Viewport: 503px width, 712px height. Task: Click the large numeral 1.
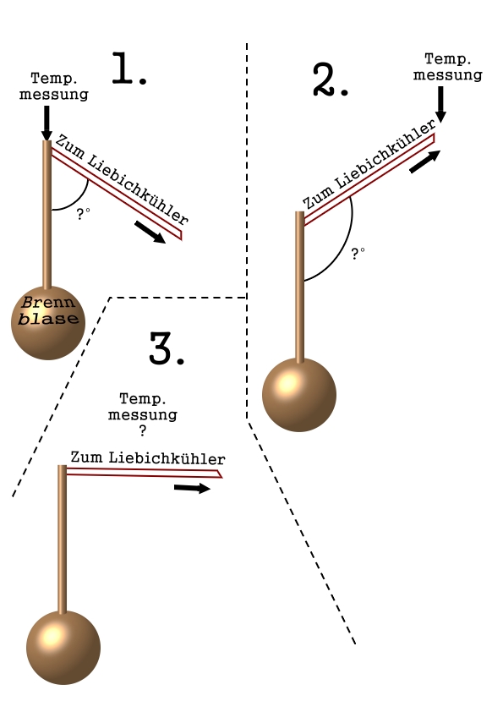coord(129,68)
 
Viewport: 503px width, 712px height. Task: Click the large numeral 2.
coord(331,80)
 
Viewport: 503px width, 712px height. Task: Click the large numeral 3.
coord(167,348)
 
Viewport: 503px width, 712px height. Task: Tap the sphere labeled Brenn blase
coord(48,323)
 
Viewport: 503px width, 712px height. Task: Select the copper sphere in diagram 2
coord(299,395)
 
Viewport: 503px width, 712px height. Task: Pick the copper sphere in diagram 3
coord(63,648)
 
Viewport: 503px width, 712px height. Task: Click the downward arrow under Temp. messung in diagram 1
coord(46,123)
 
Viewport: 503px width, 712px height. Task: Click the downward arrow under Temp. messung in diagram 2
coord(440,105)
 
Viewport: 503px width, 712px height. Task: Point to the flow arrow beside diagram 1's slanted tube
coord(150,233)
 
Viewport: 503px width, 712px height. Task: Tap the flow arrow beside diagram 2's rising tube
coord(425,162)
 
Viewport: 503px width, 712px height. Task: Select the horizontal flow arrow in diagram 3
coord(192,488)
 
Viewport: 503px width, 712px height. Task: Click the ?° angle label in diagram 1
coord(83,214)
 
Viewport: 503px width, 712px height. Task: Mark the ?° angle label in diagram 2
coord(358,254)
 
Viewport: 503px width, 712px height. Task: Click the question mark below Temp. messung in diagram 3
coord(143,430)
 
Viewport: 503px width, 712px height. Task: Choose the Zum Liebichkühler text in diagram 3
coord(148,457)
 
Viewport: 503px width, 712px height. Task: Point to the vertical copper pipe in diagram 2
coord(299,287)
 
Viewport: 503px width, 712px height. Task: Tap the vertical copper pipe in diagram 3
coord(63,539)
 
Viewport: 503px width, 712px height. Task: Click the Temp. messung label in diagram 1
coord(54,86)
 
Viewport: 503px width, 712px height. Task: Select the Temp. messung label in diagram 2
coord(447,67)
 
